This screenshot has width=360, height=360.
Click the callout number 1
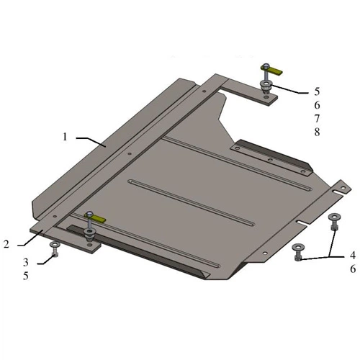click(x=65, y=137)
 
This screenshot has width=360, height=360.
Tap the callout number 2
click(x=6, y=244)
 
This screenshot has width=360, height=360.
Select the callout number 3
click(x=26, y=262)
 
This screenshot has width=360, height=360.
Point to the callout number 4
click(x=353, y=256)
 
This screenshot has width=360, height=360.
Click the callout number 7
click(x=317, y=119)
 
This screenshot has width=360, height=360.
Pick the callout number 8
click(x=317, y=132)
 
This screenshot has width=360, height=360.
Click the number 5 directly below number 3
click(x=26, y=276)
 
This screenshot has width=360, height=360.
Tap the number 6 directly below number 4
click(x=353, y=269)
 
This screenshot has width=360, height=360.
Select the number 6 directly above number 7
click(x=317, y=105)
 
